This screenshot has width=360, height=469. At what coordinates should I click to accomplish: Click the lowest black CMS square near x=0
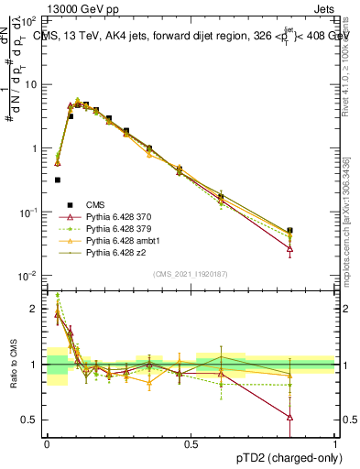(x=57, y=180)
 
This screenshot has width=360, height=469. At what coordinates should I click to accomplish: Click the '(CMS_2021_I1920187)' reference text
(x=191, y=273)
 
